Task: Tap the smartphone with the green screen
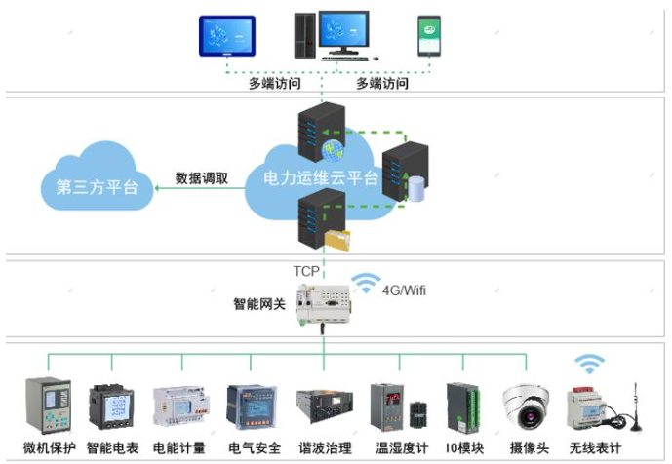431,37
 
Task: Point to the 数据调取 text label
202,178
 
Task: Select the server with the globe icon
315,135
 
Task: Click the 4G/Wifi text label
407,290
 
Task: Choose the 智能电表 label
112,448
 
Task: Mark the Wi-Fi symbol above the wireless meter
588,367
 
